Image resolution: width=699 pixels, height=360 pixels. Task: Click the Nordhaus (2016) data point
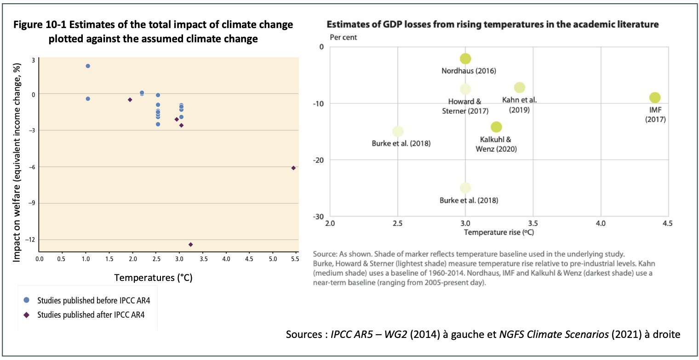[x=465, y=59]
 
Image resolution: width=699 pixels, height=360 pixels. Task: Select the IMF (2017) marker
[x=655, y=97]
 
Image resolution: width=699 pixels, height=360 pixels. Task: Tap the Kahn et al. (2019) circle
[x=520, y=87]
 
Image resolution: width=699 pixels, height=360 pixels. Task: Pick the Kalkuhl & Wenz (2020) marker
[x=496, y=127]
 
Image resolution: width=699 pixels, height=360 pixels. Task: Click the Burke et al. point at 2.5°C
[x=398, y=131]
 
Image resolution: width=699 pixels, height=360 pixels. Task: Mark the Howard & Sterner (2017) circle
[x=465, y=89]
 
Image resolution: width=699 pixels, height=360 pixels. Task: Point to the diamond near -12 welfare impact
[x=190, y=245]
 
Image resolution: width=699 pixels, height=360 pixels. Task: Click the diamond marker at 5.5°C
[x=293, y=168]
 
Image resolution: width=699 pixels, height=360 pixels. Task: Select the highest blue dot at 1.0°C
[x=88, y=66]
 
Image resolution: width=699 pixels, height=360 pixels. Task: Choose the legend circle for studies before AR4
[x=26, y=300]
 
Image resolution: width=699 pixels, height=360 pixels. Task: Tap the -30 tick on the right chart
[x=318, y=217]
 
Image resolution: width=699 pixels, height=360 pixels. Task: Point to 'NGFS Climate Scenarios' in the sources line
[x=543, y=334]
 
